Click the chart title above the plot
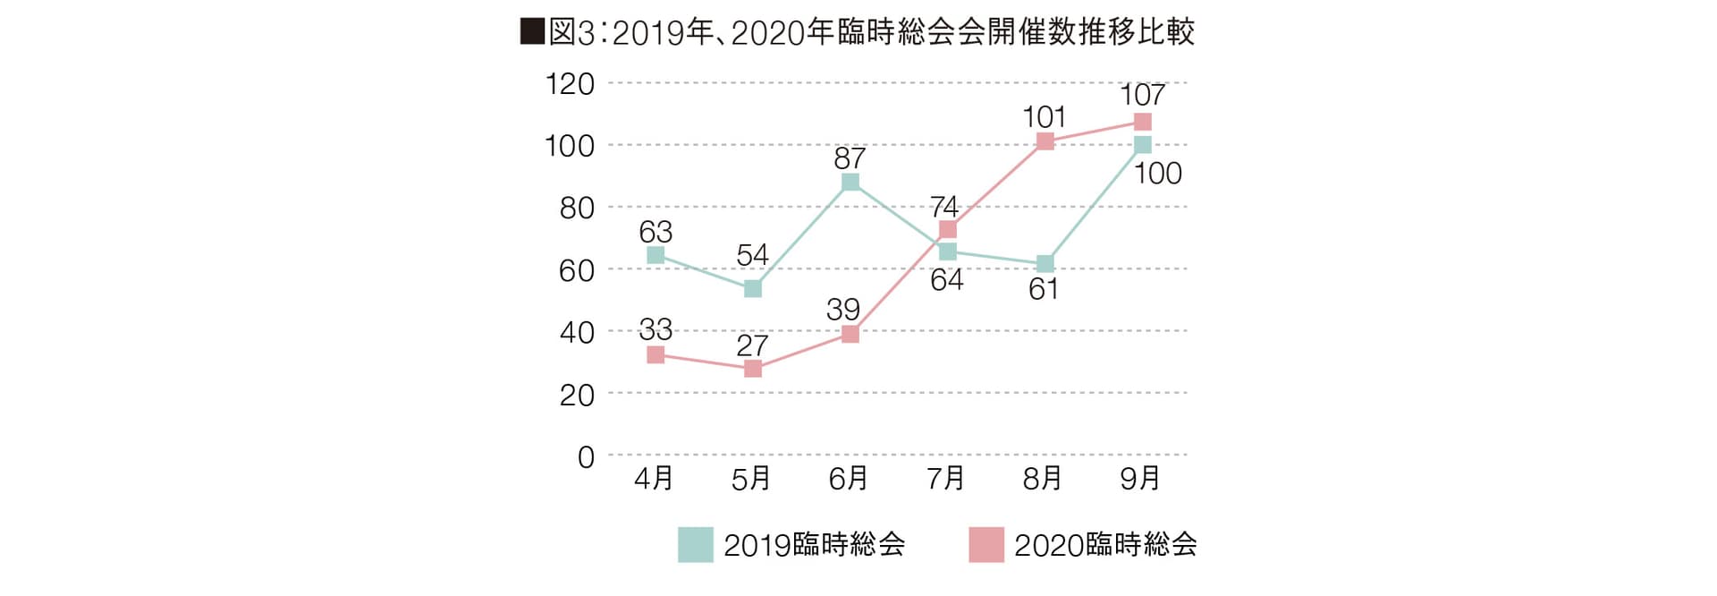pos(857,32)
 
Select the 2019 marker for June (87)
pos(850,183)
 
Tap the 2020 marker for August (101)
pos(1045,141)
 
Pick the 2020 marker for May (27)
pos(753,369)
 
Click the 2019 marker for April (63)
pos(656,255)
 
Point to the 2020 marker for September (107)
pos(1142,122)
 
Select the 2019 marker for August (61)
pos(1045,264)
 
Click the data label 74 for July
pos(944,208)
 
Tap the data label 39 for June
pos(842,310)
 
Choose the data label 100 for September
pos(1158,174)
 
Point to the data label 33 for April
pos(656,328)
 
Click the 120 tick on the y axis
pos(570,84)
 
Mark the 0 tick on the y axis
pos(586,457)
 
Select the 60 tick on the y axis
pos(577,270)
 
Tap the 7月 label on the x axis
pos(945,479)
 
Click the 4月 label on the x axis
pos(654,479)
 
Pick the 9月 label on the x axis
pos(1140,479)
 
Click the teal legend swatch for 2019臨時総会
pos(695,544)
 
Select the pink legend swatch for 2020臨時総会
pos(985,544)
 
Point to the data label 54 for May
pos(752,255)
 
